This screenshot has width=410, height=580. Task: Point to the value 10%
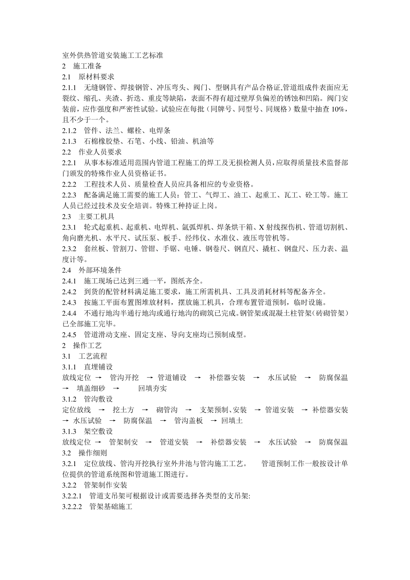pyautogui.click(x=338, y=109)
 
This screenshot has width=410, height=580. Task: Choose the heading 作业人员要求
pyautogui.click(x=100, y=152)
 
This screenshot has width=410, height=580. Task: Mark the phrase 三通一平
pyautogui.click(x=152, y=281)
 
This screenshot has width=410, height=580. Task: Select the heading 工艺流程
pyautogui.click(x=93, y=356)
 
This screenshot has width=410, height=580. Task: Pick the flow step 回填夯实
pyautogui.click(x=152, y=388)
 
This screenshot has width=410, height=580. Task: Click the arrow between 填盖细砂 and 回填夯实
pyautogui.click(x=115, y=388)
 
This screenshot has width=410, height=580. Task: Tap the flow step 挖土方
pyautogui.click(x=123, y=410)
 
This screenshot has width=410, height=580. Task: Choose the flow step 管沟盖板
pyautogui.click(x=188, y=421)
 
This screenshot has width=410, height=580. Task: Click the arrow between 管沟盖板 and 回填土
pyautogui.click(x=213, y=421)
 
